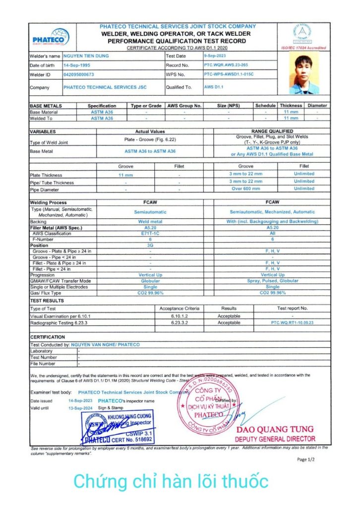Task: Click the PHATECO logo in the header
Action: tap(50, 38)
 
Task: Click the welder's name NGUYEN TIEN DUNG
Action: tap(86, 56)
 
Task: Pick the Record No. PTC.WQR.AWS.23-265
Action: tap(226, 65)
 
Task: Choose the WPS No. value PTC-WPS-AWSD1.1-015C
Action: tap(232, 74)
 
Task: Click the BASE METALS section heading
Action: tap(46, 106)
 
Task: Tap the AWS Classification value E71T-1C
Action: tap(150, 233)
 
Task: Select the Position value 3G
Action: tap(150, 245)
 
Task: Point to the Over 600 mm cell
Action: tap(245, 189)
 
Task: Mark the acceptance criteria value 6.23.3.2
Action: tap(179, 322)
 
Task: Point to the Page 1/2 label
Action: tap(305, 459)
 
